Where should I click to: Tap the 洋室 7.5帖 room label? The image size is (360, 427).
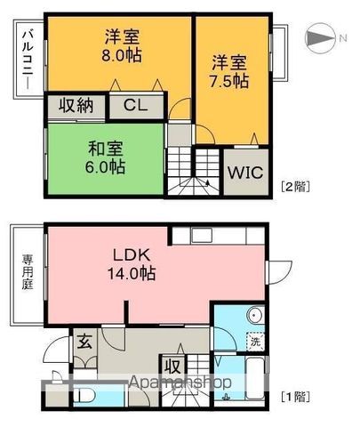pos(230,71)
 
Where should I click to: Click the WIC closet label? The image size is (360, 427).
pos(245,172)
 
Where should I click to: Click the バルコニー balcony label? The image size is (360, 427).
pos(26,58)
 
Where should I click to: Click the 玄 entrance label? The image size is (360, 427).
pos(84,340)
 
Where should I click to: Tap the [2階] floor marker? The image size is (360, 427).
pos(294,186)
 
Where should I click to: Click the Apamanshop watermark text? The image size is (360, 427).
pos(181,383)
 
